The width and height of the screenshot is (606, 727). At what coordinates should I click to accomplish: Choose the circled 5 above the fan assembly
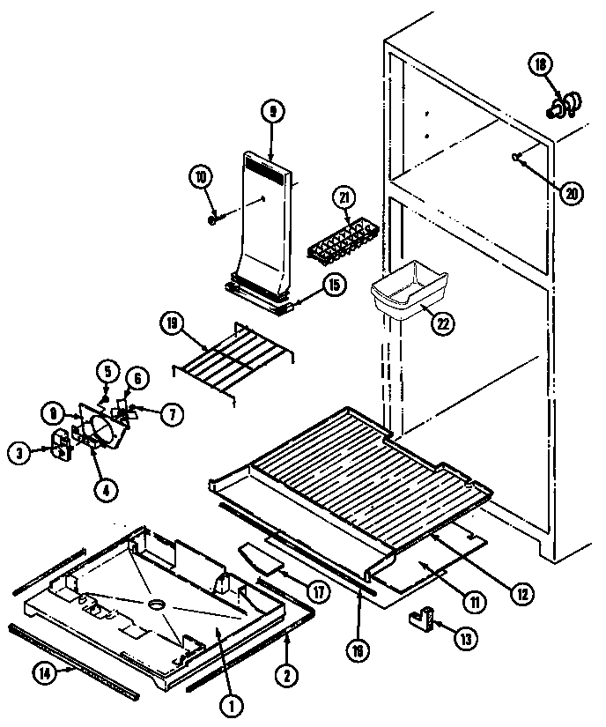(x=106, y=371)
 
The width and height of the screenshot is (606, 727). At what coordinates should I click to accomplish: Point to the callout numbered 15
(x=332, y=286)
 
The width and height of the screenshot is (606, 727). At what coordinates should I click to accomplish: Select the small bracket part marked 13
(x=422, y=618)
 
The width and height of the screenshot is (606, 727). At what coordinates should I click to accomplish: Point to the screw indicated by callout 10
(x=214, y=219)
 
